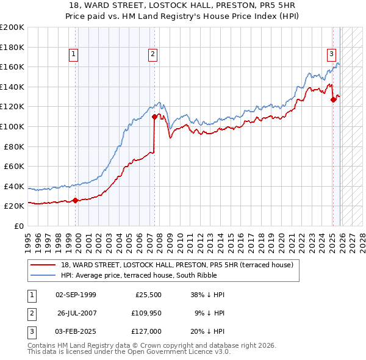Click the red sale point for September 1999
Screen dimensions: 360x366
[x=75, y=200]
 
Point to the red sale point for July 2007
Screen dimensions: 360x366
[x=154, y=116]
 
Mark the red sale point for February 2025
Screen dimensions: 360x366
[x=333, y=99]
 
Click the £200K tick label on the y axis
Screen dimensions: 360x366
[x=12, y=27]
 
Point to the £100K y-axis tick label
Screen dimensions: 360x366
[x=12, y=126]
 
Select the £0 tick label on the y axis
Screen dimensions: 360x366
[x=18, y=226]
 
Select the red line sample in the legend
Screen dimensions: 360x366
[x=43, y=265]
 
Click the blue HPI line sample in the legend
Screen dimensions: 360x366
[x=43, y=275]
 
